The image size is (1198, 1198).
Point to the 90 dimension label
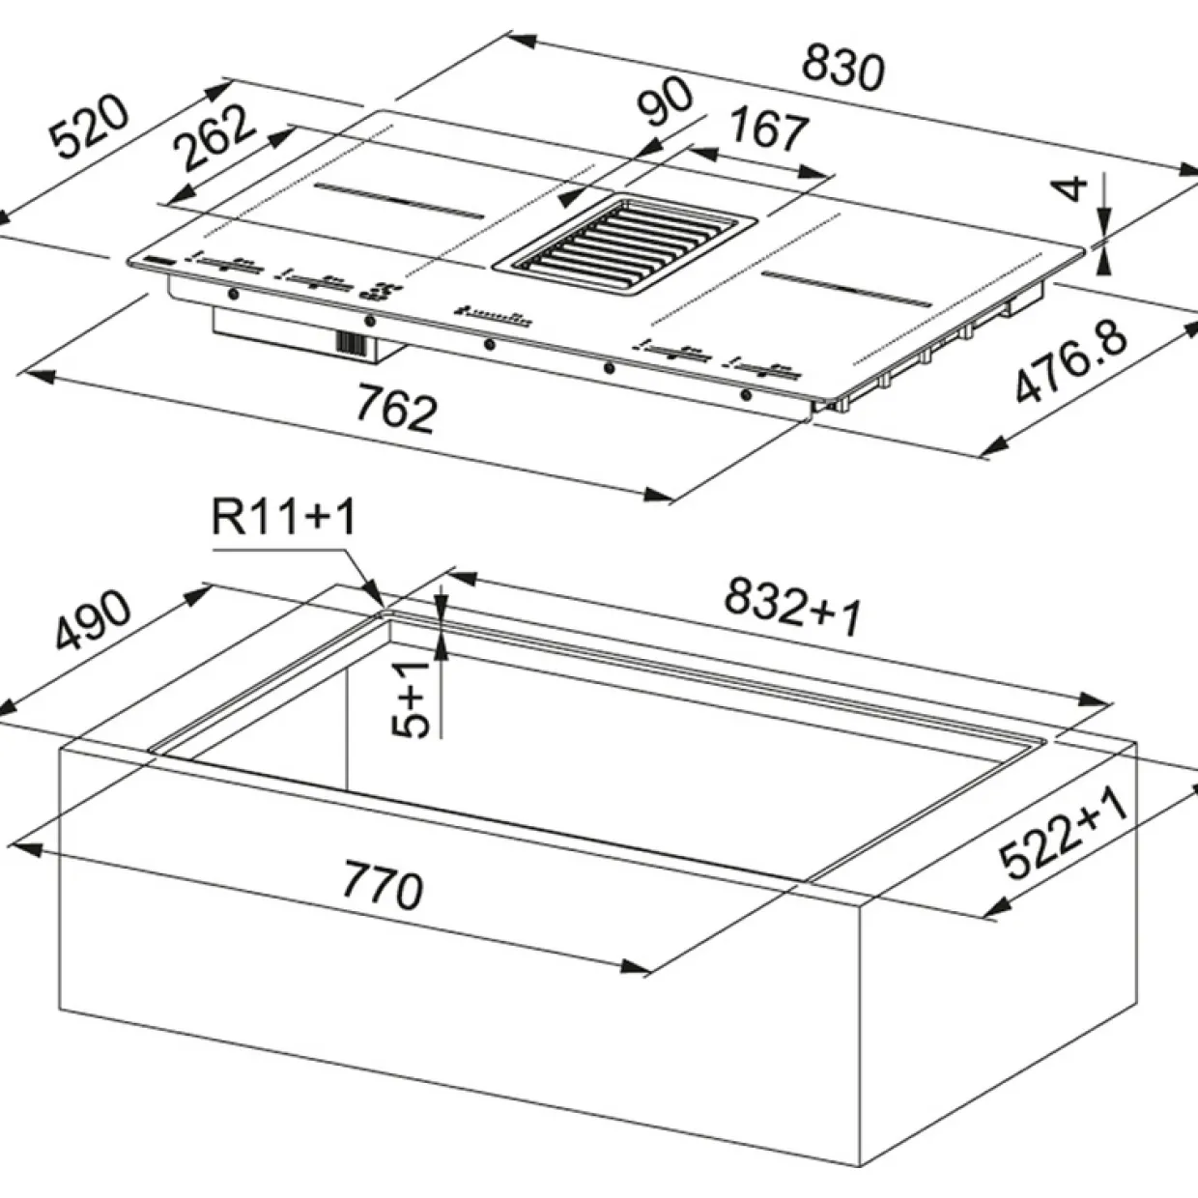[x=666, y=102]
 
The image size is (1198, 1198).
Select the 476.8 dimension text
[x=1071, y=360]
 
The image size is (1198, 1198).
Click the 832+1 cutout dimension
[x=792, y=607]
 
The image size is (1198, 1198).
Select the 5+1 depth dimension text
[x=411, y=701]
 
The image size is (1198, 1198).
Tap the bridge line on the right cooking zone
[x=847, y=289]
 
